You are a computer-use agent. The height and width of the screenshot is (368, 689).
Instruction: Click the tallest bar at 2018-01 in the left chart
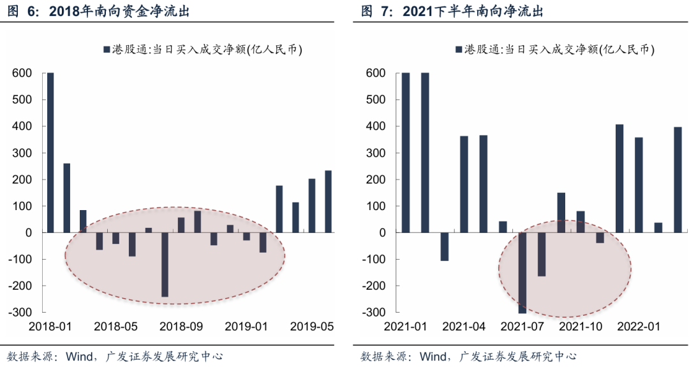tap(50, 153)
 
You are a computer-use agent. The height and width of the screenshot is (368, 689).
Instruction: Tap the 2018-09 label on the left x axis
tap(181, 327)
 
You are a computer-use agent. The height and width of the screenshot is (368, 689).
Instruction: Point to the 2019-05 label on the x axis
tap(312, 327)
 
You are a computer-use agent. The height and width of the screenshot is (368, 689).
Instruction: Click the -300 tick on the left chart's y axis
tap(22, 313)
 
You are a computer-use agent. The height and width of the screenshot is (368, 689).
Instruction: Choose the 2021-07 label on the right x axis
tap(522, 327)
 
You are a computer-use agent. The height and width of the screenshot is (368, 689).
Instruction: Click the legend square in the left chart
tap(106, 49)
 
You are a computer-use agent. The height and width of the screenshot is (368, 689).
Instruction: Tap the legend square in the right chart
tap(459, 49)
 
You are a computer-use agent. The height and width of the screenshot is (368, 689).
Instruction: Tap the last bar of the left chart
tap(328, 201)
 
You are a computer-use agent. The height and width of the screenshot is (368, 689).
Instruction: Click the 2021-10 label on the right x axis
tap(581, 327)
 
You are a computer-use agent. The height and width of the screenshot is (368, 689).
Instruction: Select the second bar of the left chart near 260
tap(67, 198)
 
